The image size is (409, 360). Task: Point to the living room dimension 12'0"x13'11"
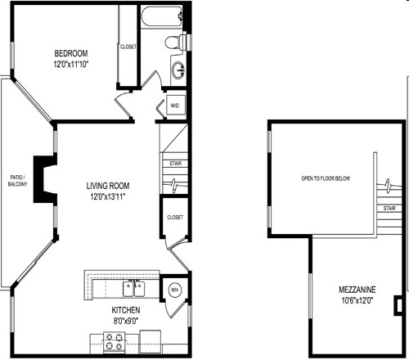[x=110, y=196]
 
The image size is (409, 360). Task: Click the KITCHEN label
[x=126, y=311]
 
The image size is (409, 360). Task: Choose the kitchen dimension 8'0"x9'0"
[x=126, y=322]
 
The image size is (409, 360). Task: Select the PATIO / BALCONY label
[x=17, y=181]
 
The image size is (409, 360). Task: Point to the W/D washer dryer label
[x=174, y=106]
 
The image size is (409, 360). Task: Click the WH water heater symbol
[x=174, y=290]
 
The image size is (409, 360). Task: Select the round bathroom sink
[x=178, y=68]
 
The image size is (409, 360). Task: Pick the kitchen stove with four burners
[x=114, y=342]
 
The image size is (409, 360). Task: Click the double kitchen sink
[x=133, y=288]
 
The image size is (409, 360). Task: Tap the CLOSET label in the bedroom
[x=128, y=47]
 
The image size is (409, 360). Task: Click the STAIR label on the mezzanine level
[x=390, y=209]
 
